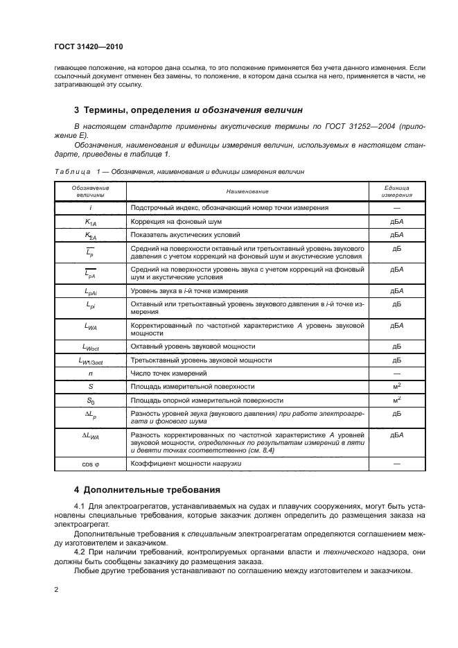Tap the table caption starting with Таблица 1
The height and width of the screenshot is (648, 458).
point(177,170)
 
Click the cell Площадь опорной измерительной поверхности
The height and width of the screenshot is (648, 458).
point(207,400)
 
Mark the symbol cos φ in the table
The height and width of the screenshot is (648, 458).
point(90,462)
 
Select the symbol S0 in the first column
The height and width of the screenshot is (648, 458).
point(90,401)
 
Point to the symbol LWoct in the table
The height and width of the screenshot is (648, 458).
point(90,346)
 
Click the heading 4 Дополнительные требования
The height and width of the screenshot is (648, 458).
point(147,489)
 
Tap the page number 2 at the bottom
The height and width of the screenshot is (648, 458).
point(56,590)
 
